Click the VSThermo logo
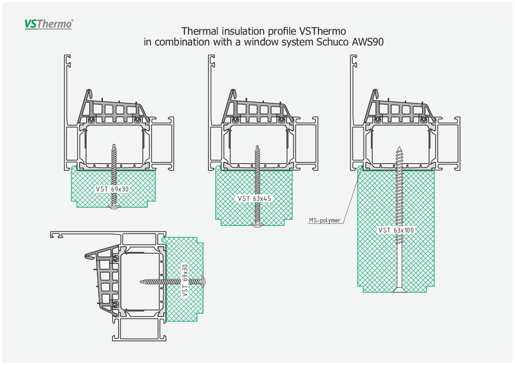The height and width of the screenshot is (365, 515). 49,24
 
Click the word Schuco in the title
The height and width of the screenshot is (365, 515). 332,42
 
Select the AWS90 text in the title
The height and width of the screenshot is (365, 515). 368,42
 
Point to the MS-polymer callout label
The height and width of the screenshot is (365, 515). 325,220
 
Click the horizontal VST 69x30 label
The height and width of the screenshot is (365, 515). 112,189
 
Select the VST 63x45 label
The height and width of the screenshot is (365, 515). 254,198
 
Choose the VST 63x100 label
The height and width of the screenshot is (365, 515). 396,230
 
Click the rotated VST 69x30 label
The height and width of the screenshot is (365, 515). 185,280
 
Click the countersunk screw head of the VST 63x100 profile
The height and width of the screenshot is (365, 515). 400,290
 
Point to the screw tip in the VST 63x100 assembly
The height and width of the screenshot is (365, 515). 399,147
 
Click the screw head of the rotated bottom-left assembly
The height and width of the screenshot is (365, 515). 203,281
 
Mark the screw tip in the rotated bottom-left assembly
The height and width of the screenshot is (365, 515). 141,281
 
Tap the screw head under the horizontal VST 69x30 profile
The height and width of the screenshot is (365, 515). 114,207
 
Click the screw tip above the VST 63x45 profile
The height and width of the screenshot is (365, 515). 257,147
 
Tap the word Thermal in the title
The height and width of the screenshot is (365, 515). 200,31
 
